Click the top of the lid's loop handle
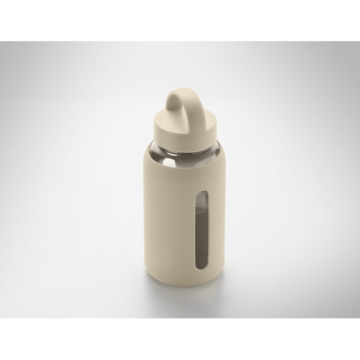[x=179, y=92]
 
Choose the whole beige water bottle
[x=180, y=195]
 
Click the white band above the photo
[x=180, y=21]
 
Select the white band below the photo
[x=180, y=339]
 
